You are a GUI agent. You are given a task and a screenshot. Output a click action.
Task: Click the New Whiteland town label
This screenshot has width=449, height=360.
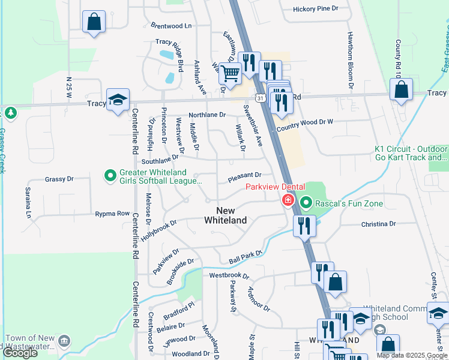coord(225,215)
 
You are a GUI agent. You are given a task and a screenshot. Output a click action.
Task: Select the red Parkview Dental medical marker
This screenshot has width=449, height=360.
coord(288,200)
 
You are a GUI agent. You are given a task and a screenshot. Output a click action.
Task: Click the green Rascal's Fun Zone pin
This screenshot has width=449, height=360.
coord(306,203)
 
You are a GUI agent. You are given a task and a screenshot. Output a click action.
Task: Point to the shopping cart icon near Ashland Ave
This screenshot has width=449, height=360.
coord(230,74)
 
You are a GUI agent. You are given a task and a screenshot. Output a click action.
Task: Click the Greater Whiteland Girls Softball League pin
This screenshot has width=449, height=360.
coord(110,176)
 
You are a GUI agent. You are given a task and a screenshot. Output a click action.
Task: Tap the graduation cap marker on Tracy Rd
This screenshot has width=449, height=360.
coord(118,100)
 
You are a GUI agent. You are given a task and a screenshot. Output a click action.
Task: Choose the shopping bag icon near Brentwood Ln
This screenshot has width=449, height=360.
coord(94,22)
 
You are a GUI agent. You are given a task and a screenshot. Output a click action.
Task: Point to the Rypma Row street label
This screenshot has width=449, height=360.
coord(112,214)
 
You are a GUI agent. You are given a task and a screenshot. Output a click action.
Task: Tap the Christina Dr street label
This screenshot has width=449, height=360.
coord(379,224)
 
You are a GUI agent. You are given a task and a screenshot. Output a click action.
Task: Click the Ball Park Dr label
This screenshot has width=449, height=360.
coord(246,257)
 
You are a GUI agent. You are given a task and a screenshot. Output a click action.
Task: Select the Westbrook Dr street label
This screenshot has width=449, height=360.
coord(229,275)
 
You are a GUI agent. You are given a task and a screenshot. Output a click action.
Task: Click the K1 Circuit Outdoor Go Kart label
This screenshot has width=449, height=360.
coord(411,153)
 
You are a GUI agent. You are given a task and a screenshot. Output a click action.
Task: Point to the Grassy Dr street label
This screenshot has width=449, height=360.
coord(59,179)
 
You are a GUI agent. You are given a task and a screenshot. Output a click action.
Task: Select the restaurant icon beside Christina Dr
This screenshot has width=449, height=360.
coord(304,226)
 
